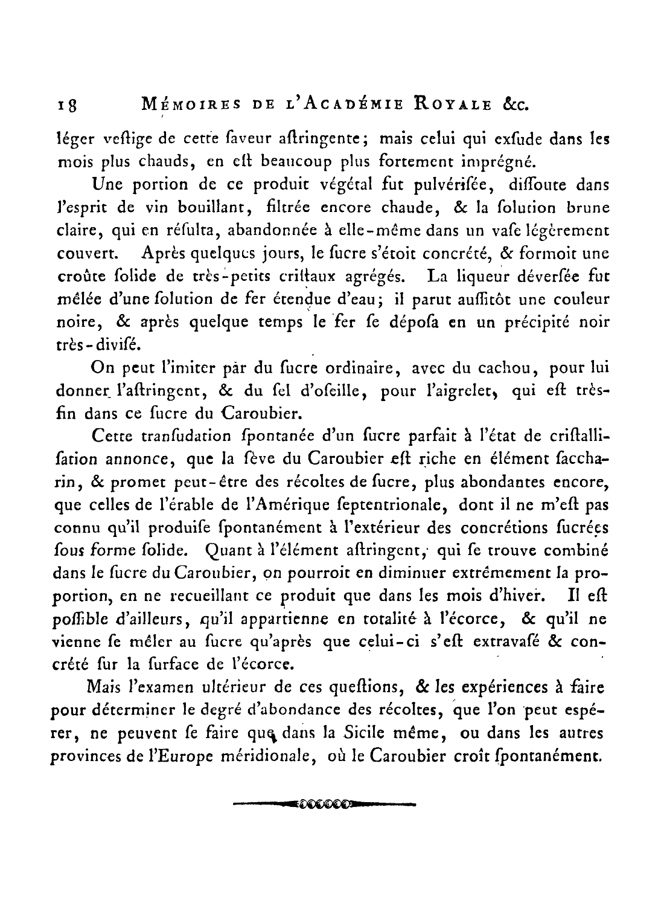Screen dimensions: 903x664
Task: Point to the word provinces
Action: click(89, 756)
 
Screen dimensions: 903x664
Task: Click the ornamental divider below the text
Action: click(324, 804)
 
